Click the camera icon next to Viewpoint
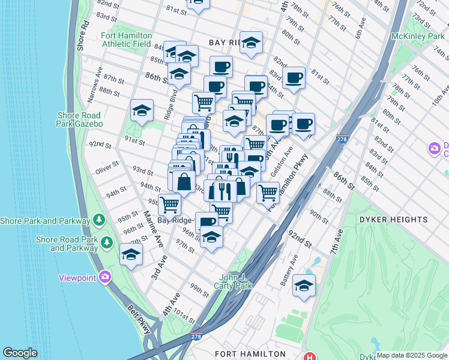click(x=106, y=277)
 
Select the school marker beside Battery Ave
click(x=304, y=286)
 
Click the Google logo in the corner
click(x=20, y=353)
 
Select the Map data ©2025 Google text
click(x=412, y=355)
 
